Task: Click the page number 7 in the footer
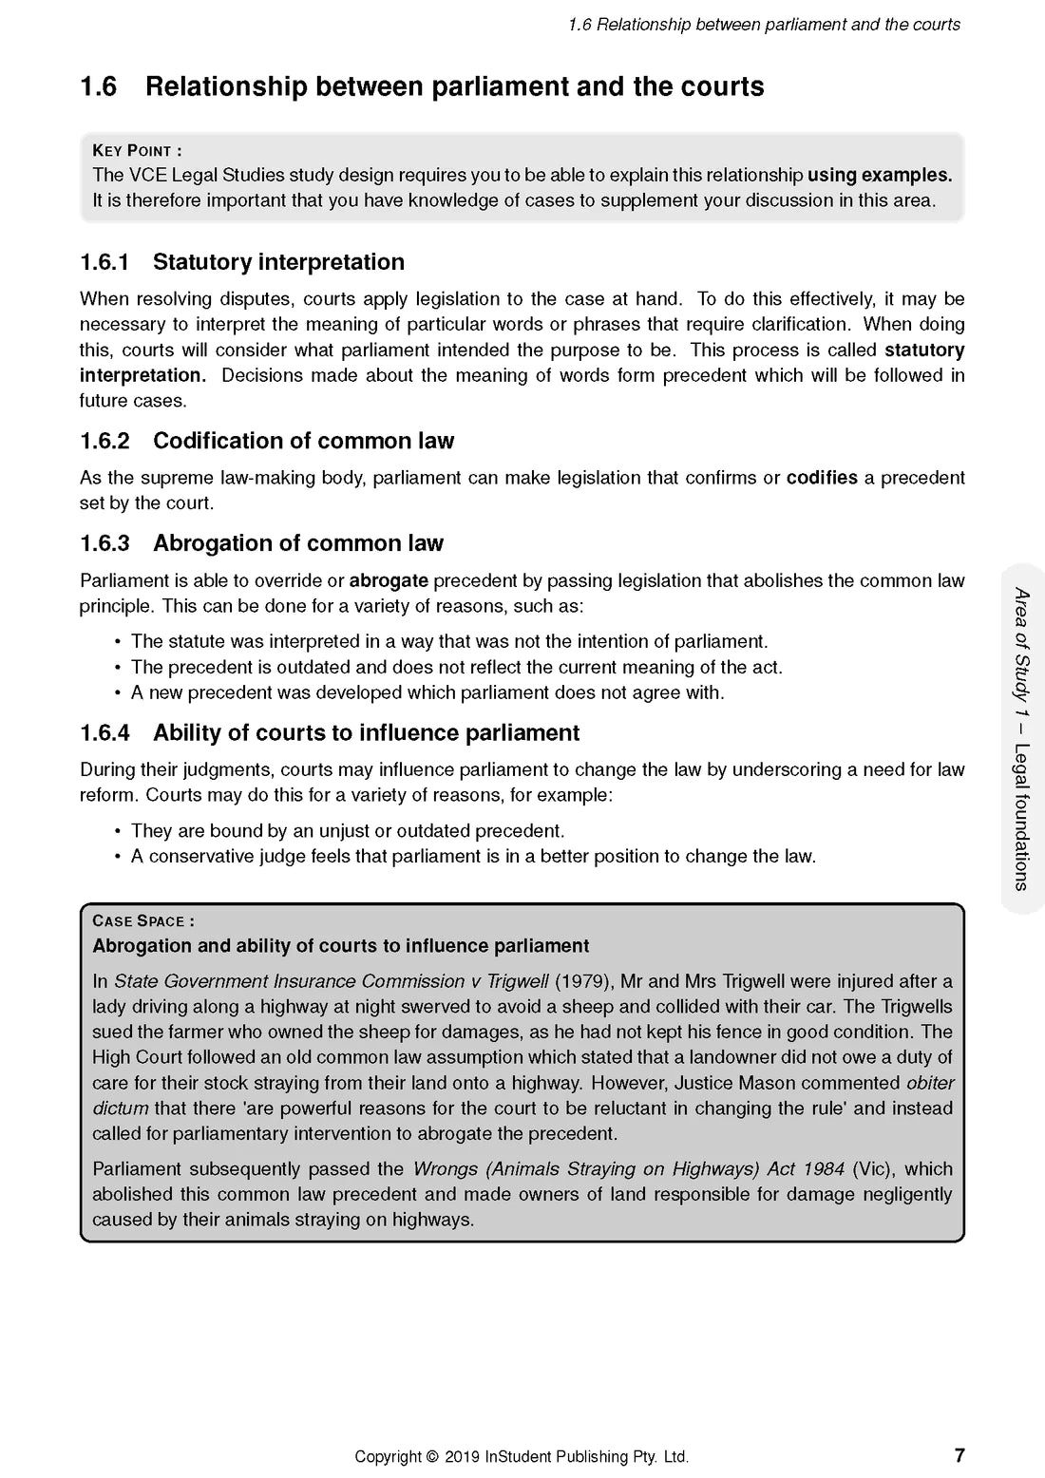click(959, 1455)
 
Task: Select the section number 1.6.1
click(104, 262)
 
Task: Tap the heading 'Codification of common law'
click(303, 441)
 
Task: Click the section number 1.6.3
click(104, 543)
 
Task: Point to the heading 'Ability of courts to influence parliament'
click(366, 733)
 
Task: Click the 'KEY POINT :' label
click(137, 150)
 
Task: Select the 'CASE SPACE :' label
click(143, 920)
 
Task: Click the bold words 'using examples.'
click(880, 175)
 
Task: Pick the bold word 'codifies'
click(822, 478)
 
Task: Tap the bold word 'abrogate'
click(389, 580)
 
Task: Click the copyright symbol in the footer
click(432, 1456)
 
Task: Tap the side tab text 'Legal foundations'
click(1021, 816)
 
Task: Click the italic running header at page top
click(764, 25)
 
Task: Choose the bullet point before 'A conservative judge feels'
click(118, 857)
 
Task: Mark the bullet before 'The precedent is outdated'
click(118, 668)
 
